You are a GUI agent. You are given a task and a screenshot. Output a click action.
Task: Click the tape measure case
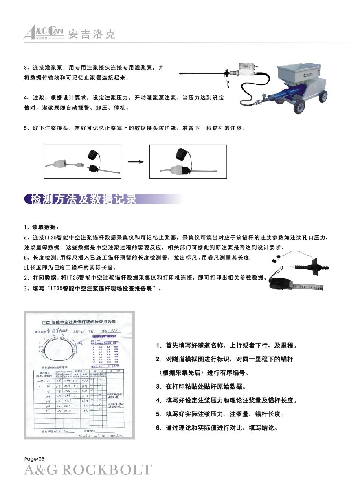(x=282, y=282)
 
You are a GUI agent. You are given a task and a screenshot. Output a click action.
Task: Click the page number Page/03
(x=33, y=459)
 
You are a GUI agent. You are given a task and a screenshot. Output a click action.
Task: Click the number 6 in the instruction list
(x=158, y=428)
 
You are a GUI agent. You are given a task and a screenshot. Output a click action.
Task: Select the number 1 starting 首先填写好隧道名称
(x=158, y=346)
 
